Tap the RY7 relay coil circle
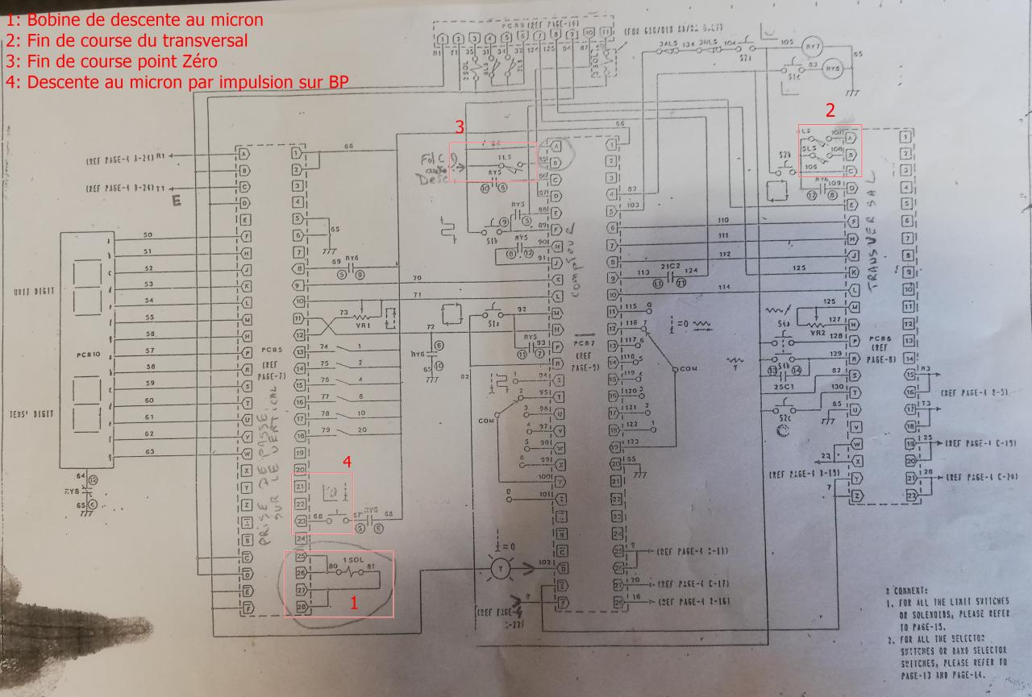(x=813, y=47)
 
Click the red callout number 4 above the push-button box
(x=347, y=463)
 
